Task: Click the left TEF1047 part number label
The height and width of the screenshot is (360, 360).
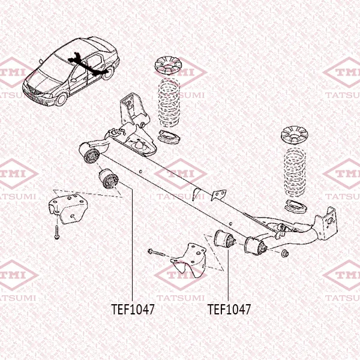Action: click(x=133, y=309)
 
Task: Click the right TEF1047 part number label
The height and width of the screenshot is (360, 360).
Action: click(x=229, y=309)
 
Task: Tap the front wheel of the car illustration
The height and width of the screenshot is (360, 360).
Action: click(x=61, y=99)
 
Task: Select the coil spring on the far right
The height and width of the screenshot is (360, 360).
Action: click(x=295, y=173)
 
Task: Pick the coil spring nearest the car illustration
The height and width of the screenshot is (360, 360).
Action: click(x=169, y=103)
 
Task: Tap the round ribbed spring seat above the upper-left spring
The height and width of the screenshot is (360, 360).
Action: click(x=168, y=66)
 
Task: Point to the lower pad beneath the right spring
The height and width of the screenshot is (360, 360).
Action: click(x=296, y=206)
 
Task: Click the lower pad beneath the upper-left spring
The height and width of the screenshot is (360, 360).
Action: click(x=169, y=137)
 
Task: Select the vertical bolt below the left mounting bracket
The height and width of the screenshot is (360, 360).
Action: click(x=57, y=232)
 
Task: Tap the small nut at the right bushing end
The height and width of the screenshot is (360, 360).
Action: click(x=285, y=253)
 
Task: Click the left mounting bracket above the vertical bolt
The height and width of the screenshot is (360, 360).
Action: click(x=68, y=208)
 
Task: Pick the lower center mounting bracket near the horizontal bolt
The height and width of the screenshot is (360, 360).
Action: click(x=190, y=260)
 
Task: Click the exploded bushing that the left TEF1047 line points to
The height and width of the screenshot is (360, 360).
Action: click(x=109, y=179)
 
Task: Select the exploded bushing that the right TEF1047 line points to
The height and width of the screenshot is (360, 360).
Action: click(x=224, y=239)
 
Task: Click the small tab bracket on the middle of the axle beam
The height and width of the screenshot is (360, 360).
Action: click(x=219, y=196)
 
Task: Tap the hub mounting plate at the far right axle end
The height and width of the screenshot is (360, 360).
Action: click(x=328, y=223)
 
